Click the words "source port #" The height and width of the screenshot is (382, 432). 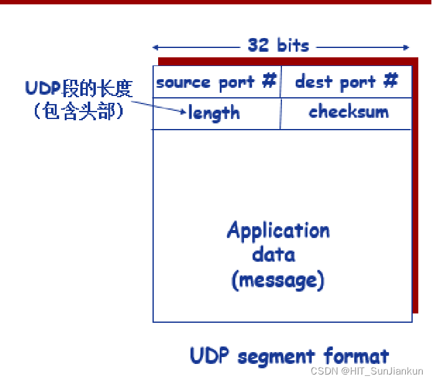click(x=215, y=82)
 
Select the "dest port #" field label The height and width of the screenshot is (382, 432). click(x=346, y=82)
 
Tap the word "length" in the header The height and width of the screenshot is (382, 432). click(x=214, y=113)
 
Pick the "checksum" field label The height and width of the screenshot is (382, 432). click(x=349, y=112)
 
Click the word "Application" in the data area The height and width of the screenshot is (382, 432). click(x=278, y=231)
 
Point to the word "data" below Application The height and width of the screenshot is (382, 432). click(x=274, y=254)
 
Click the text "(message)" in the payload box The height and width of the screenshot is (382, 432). click(x=278, y=280)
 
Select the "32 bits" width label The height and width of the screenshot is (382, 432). click(x=278, y=45)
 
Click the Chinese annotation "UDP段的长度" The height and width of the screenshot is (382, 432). click(x=79, y=88)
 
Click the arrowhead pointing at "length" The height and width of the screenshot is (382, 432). click(x=184, y=112)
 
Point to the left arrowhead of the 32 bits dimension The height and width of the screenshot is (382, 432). click(x=156, y=47)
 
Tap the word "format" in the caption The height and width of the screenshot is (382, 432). click(x=357, y=356)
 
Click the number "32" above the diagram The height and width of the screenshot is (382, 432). click(x=258, y=45)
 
